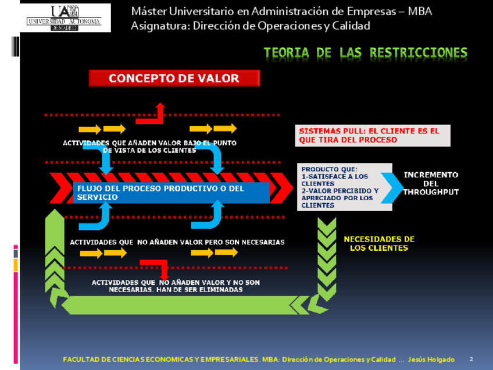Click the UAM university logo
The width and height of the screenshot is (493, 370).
pyautogui.click(x=65, y=17)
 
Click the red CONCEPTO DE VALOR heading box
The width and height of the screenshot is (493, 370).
pyautogui.click(x=174, y=78)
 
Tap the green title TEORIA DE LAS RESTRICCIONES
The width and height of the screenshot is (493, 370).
pyautogui.click(x=365, y=53)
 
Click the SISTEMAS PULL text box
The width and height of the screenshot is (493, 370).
pyautogui.click(x=373, y=136)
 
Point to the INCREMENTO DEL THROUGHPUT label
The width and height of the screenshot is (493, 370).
pyautogui.click(x=431, y=183)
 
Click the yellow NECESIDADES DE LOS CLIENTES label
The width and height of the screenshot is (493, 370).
pyautogui.click(x=378, y=244)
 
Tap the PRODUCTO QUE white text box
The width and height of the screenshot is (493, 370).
pyautogui.click(x=339, y=187)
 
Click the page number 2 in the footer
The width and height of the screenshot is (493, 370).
pyautogui.click(x=471, y=360)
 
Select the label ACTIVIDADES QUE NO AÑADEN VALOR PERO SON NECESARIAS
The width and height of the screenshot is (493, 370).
pyautogui.click(x=177, y=242)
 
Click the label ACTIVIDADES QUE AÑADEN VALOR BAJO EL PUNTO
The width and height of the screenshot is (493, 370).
pyautogui.click(x=149, y=143)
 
